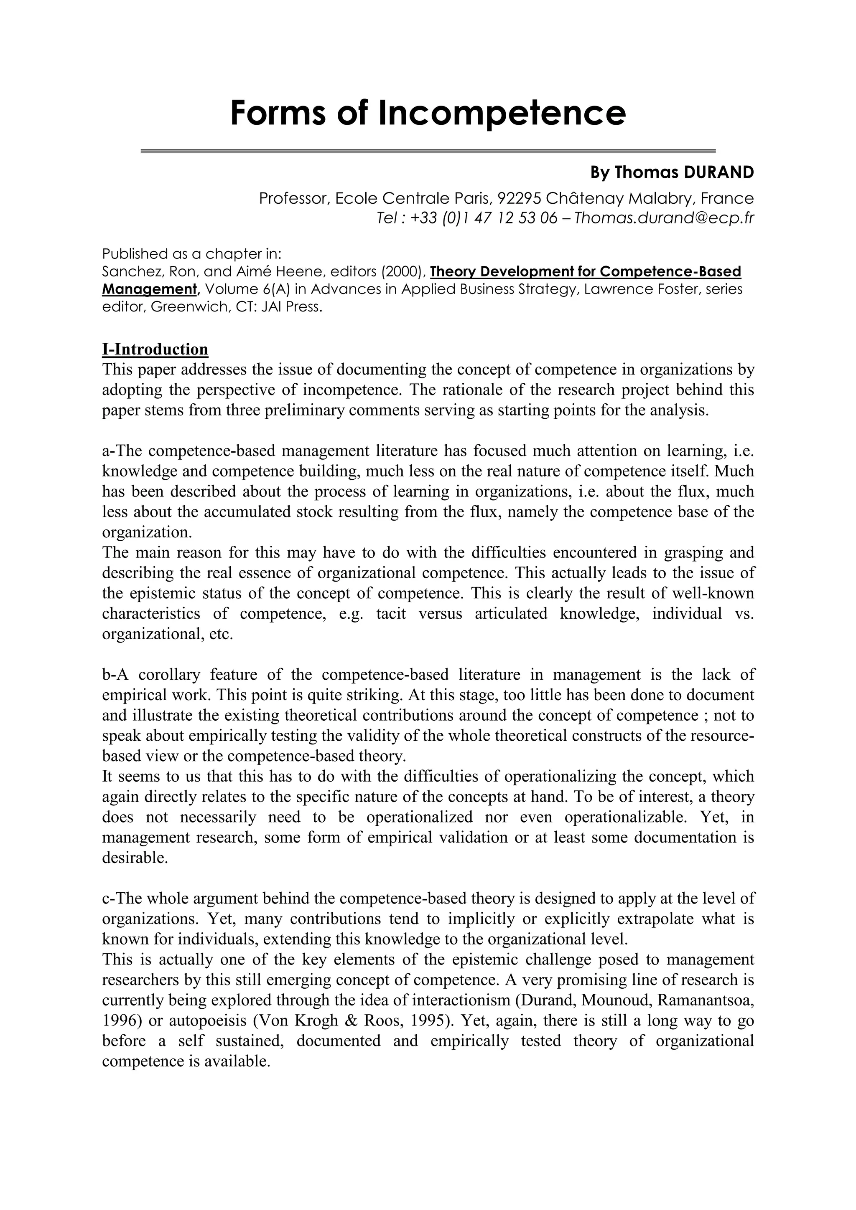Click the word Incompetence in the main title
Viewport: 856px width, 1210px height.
tap(502, 113)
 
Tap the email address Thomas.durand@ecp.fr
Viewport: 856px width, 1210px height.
tap(664, 218)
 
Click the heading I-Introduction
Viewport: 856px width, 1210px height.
tap(155, 349)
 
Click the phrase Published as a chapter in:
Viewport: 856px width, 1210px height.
tap(192, 253)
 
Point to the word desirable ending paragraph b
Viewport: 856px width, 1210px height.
tap(135, 858)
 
